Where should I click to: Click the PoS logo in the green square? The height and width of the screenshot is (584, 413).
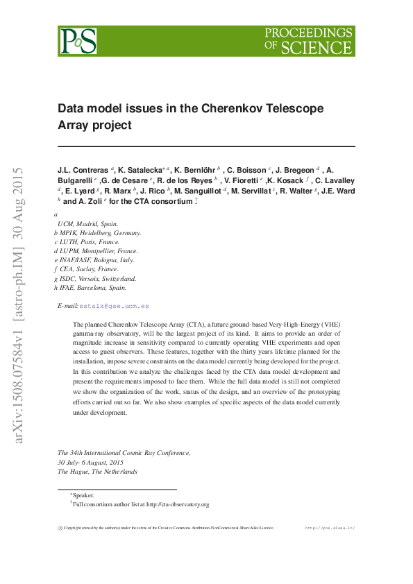77,41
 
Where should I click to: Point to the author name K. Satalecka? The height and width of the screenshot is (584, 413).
143,169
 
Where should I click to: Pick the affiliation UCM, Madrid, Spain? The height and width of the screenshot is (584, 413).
88,224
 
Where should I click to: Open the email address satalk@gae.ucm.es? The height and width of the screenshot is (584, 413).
114,306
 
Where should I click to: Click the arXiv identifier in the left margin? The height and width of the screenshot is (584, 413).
19,305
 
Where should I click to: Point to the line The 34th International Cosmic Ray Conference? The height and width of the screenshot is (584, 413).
124,452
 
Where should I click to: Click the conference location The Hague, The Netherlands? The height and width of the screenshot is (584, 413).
97,471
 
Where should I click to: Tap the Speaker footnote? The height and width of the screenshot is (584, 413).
83,495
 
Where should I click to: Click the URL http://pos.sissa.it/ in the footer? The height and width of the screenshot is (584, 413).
330,528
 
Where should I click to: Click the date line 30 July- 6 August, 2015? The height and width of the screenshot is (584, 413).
90,462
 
